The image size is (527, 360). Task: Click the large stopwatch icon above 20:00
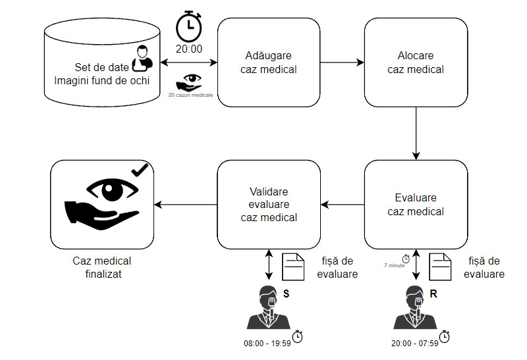click(x=189, y=26)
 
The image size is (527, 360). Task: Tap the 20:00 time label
click(x=189, y=49)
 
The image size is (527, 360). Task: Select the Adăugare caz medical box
click(x=269, y=63)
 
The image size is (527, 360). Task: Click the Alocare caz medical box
click(x=416, y=63)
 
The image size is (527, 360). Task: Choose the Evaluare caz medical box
click(x=416, y=205)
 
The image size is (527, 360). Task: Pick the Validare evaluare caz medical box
click(x=269, y=205)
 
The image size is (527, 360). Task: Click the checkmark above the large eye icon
click(x=140, y=170)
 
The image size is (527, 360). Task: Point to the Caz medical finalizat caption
click(x=102, y=267)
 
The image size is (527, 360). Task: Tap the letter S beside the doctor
click(x=286, y=294)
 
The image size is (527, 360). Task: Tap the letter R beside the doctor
click(x=433, y=294)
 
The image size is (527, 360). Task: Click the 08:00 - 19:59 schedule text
click(x=267, y=343)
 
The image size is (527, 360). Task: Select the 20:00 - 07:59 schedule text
click(x=414, y=343)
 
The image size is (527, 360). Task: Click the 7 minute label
click(x=394, y=265)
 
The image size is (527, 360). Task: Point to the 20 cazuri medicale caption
click(x=190, y=95)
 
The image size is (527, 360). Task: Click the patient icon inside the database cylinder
click(x=142, y=59)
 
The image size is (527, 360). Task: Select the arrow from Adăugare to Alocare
click(x=342, y=63)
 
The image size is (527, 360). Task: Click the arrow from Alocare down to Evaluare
click(x=416, y=134)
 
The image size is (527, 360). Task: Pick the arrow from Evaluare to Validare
click(x=343, y=205)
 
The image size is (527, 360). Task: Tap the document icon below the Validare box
click(x=292, y=267)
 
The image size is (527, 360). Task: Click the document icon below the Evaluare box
click(x=440, y=267)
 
